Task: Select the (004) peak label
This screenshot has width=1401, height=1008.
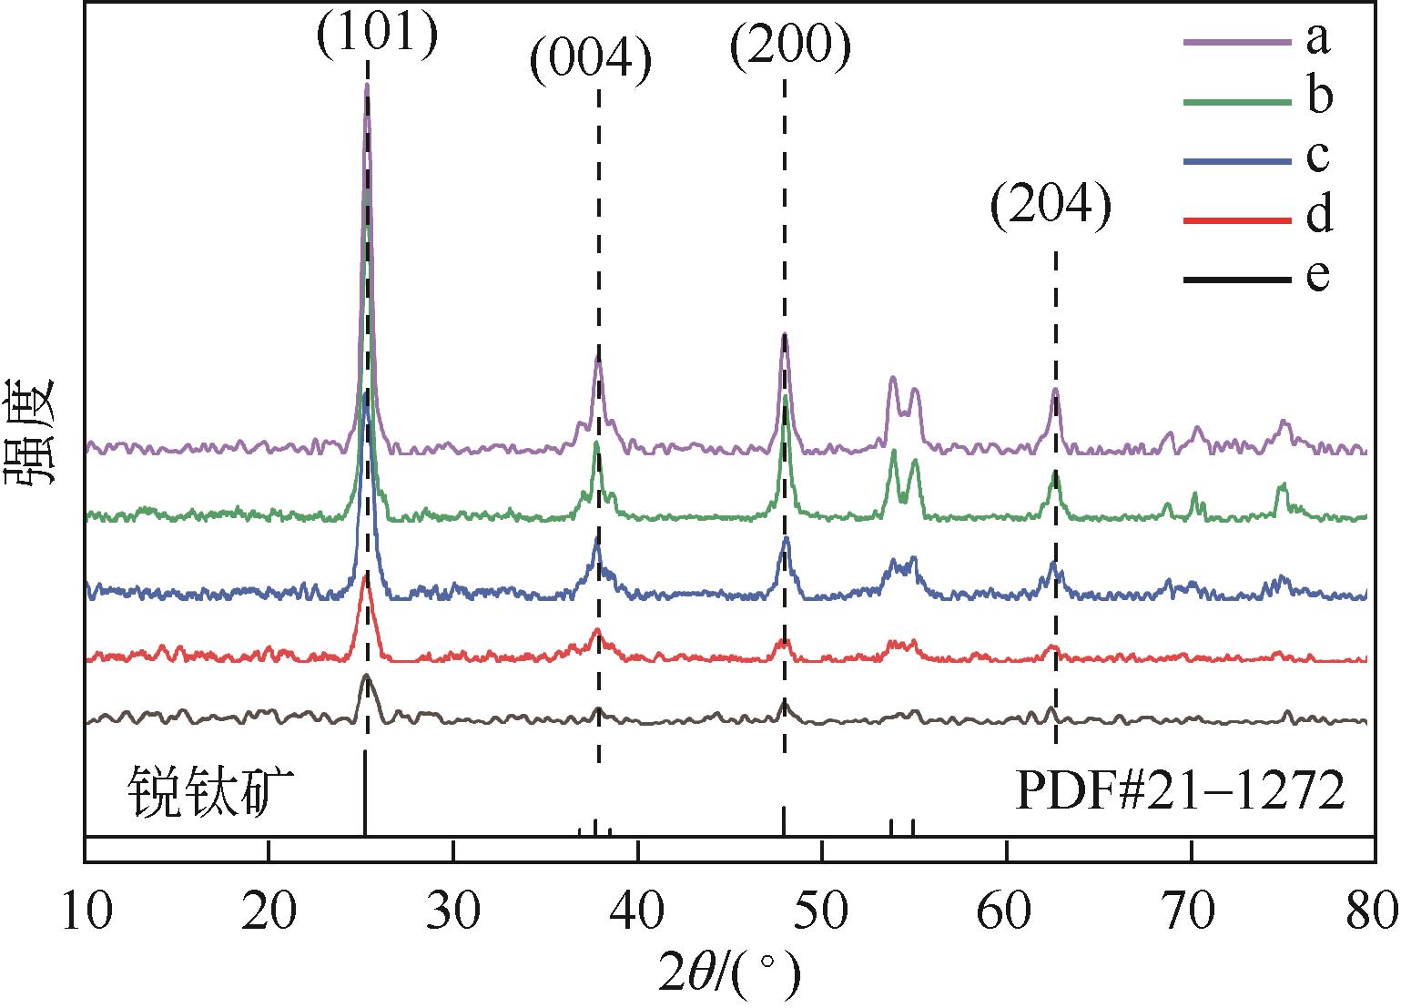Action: coord(591,64)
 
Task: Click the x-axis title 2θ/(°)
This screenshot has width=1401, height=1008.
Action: coord(729,975)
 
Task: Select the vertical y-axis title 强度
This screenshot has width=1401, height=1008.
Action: coord(35,433)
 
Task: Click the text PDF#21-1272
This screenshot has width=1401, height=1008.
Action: coord(1179,791)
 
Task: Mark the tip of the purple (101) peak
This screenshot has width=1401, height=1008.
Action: coord(367,85)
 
